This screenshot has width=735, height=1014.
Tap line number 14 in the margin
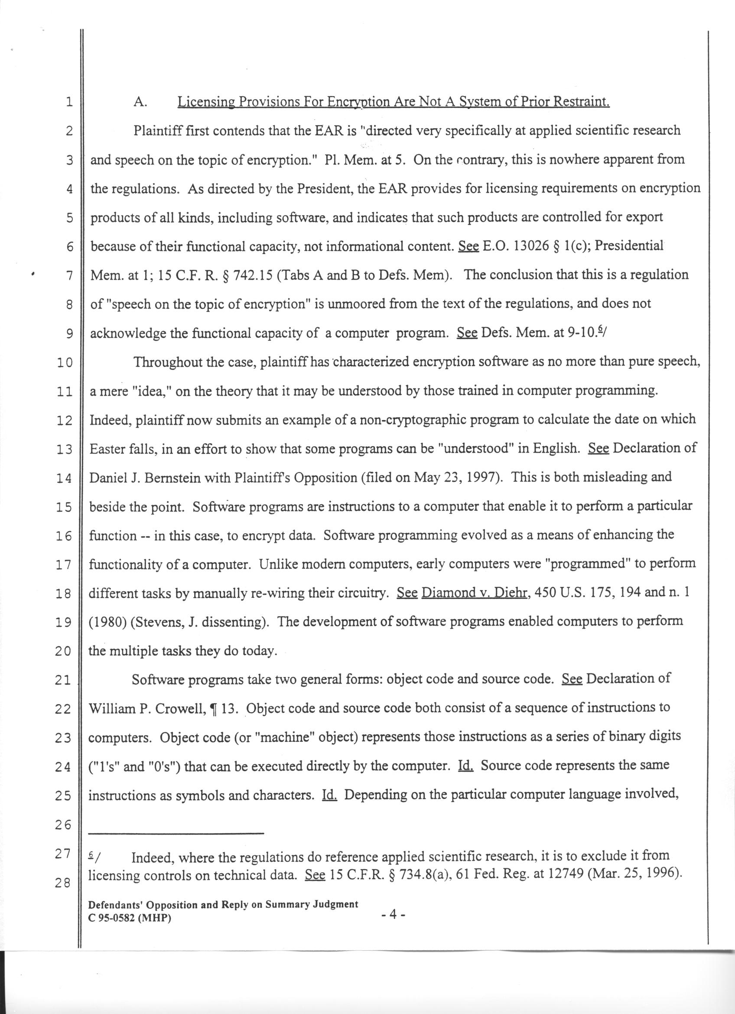[64, 478]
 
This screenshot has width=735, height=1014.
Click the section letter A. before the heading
[140, 102]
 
